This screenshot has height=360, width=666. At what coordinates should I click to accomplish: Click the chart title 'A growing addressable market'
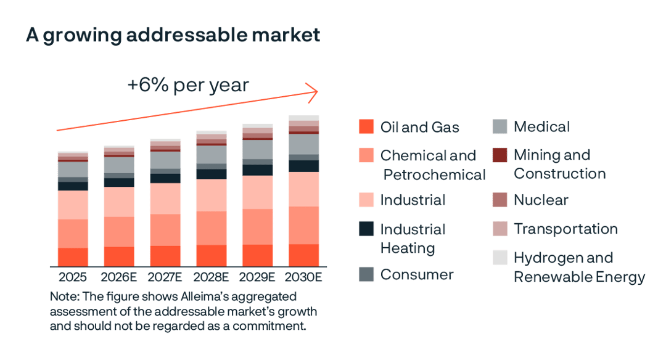[x=173, y=35]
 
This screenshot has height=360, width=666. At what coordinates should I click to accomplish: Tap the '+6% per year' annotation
[x=188, y=84]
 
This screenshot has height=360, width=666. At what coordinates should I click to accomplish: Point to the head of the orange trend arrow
[x=316, y=92]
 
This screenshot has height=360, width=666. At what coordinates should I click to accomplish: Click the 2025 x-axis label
[x=73, y=277]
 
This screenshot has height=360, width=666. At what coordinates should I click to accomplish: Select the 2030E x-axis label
[x=303, y=277]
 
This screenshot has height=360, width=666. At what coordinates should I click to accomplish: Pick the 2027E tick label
[x=165, y=277]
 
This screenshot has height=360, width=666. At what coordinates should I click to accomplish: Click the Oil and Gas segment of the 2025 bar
[x=73, y=256]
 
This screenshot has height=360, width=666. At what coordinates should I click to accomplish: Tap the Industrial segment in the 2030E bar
[x=303, y=189]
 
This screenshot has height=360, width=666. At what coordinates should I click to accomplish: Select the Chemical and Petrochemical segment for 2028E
[x=212, y=228]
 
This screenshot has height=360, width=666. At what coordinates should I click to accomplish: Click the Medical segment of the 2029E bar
[x=257, y=149]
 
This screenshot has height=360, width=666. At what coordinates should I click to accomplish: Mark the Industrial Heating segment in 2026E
[x=119, y=182]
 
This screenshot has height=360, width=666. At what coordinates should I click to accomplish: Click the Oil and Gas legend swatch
[x=366, y=126]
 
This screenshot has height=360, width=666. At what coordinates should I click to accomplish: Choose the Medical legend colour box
[x=500, y=126]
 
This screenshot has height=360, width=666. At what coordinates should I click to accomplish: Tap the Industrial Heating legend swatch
[x=366, y=229]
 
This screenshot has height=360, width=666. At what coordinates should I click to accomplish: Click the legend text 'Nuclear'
[x=541, y=200]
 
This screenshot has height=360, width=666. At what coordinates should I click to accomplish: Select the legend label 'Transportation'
[x=565, y=229]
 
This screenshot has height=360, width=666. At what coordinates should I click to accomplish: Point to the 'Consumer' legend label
[x=417, y=274]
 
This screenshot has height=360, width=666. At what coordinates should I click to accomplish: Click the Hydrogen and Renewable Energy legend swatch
[x=500, y=258]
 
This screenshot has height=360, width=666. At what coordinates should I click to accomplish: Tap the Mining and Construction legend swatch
[x=500, y=155]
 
